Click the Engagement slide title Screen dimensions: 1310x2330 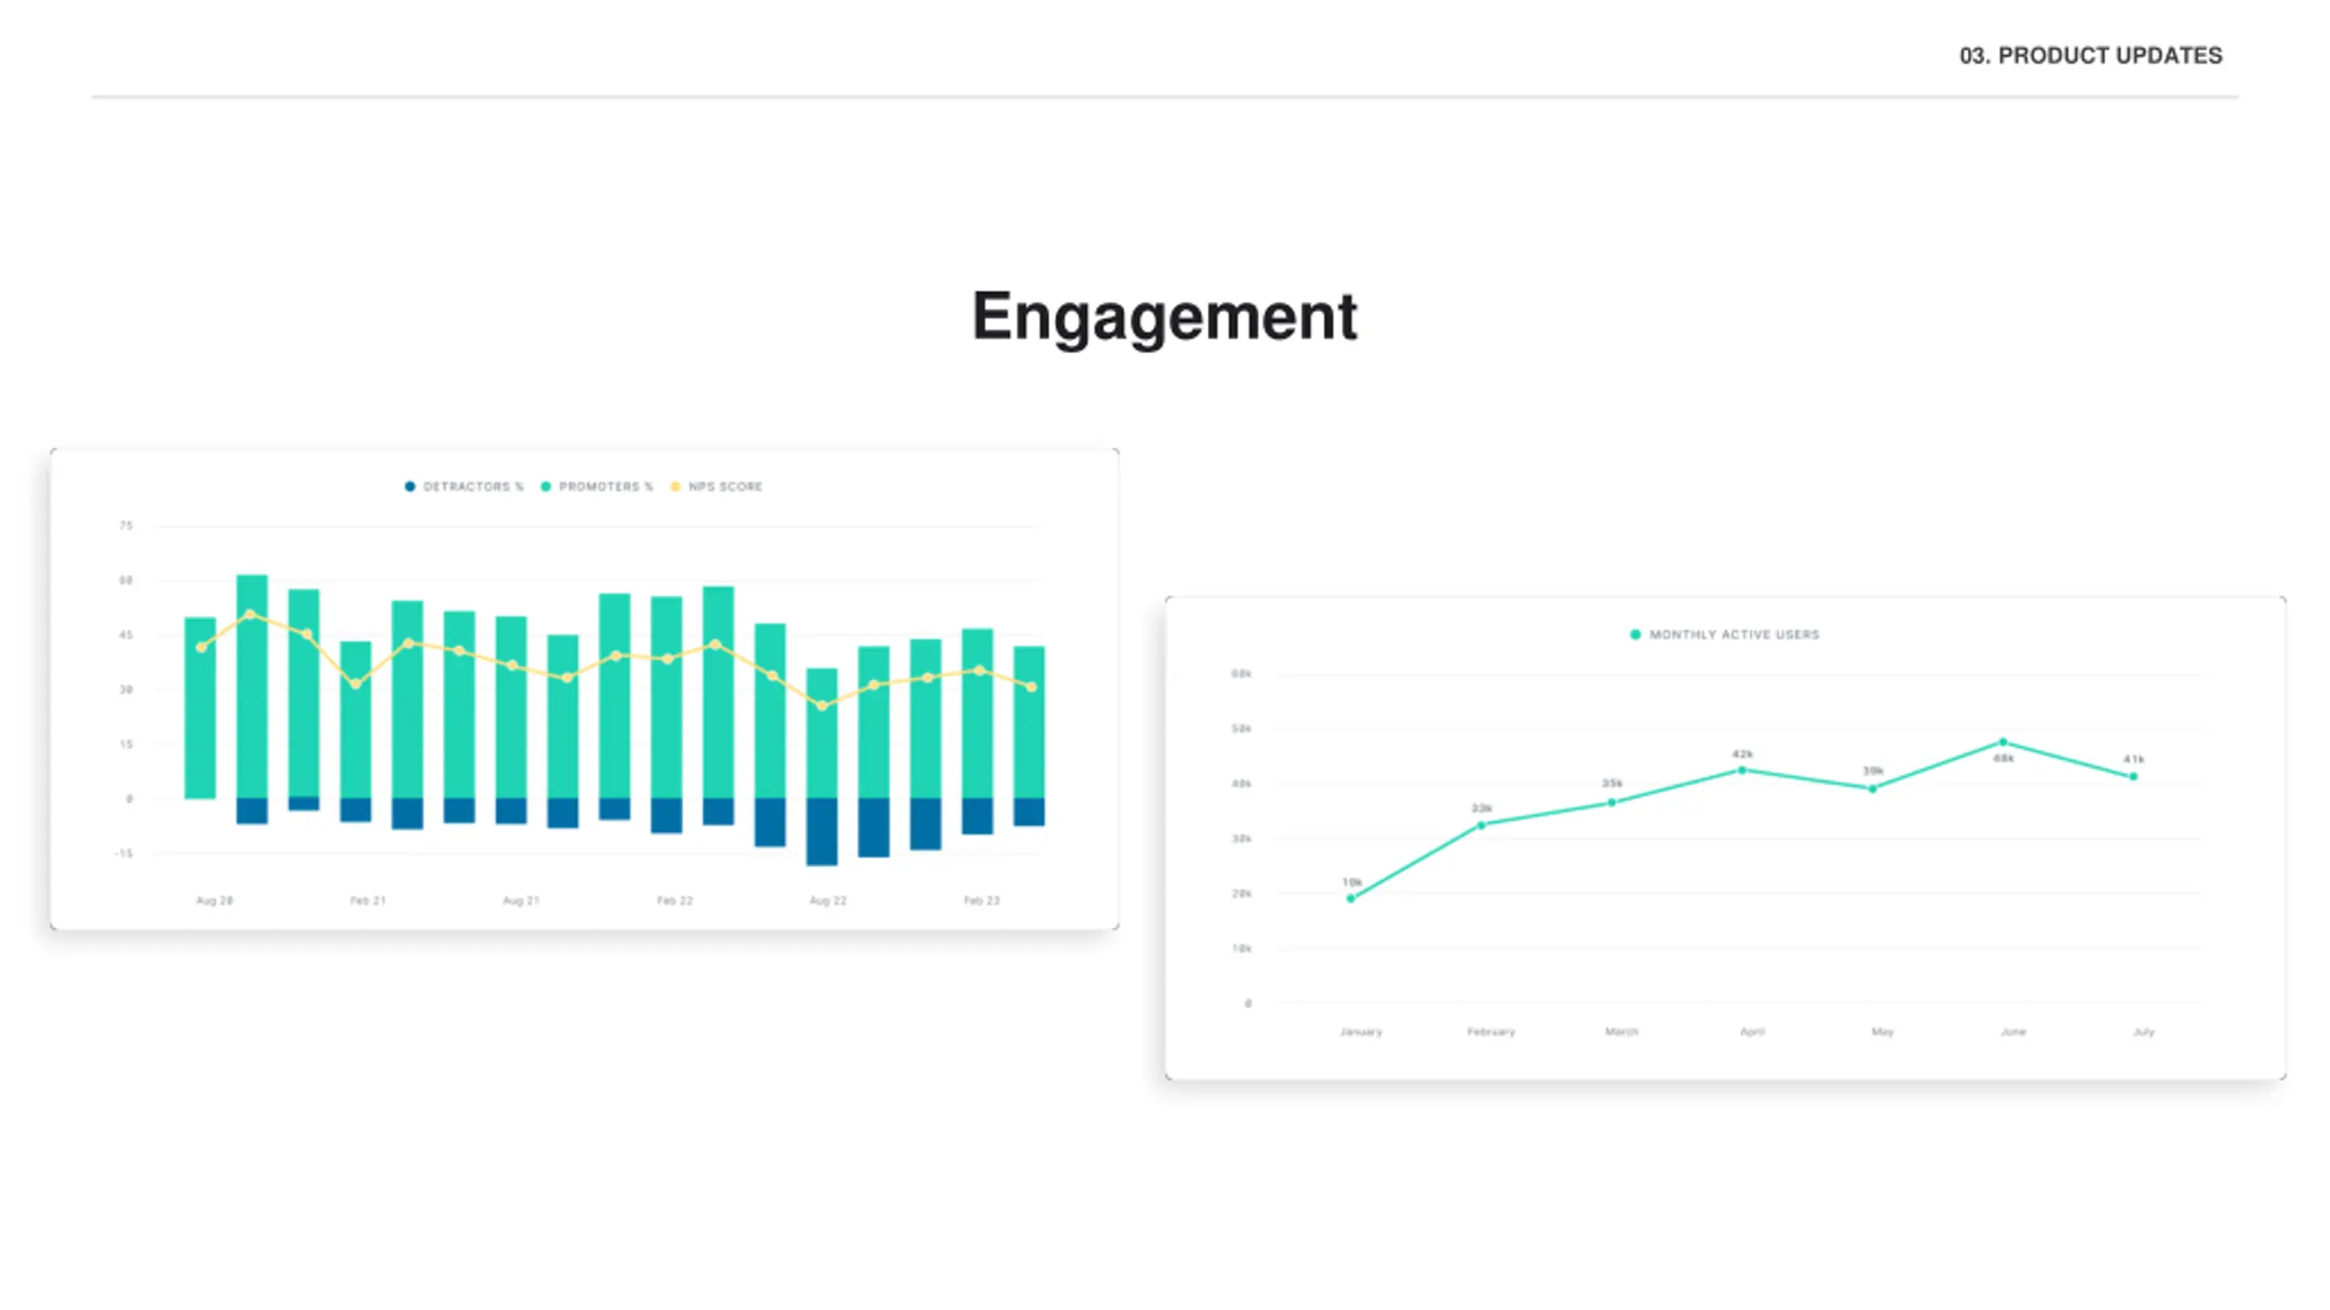(1164, 317)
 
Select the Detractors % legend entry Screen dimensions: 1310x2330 (464, 487)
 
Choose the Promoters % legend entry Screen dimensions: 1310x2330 (597, 487)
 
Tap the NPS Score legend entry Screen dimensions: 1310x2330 (717, 487)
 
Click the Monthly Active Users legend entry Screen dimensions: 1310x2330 (1725, 635)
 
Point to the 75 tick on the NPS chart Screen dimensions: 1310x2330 (126, 526)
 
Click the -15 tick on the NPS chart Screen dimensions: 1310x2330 (124, 853)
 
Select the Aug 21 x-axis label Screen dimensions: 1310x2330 (521, 901)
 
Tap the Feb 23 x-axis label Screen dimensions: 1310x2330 (981, 901)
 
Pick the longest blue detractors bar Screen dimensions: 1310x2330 (822, 831)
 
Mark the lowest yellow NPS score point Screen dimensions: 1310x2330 (822, 705)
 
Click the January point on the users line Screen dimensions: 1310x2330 (1351, 899)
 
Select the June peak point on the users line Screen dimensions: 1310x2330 (2002, 742)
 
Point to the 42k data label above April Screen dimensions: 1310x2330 (1742, 754)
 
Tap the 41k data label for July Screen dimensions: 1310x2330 (2133, 759)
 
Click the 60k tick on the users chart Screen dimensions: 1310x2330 (1241, 674)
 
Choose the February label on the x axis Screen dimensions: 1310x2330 (1491, 1032)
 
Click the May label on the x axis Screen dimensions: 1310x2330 (1882, 1032)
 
